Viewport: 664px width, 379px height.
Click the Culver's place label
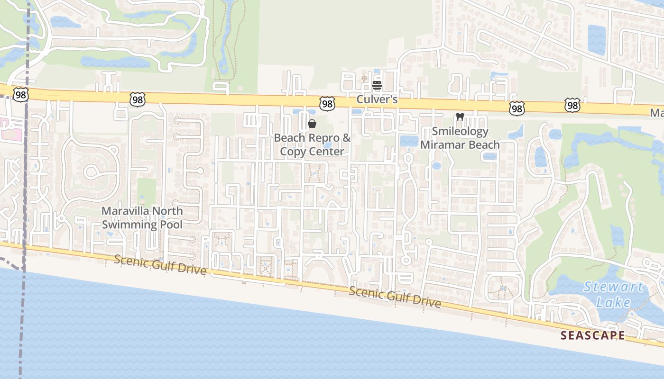[377, 100]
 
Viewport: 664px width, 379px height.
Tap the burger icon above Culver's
[377, 86]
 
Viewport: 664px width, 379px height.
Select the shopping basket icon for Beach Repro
[312, 124]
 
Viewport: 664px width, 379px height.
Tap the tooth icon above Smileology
[460, 117]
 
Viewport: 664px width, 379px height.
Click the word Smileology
[460, 131]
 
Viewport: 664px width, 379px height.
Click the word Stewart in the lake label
[613, 287]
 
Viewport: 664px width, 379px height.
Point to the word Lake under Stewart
[613, 302]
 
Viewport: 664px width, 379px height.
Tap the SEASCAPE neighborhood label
[592, 335]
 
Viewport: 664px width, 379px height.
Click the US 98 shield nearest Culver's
[327, 103]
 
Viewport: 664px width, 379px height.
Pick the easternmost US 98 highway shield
[572, 105]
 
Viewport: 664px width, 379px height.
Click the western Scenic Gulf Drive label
[160, 265]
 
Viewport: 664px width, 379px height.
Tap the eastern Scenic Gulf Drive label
[395, 297]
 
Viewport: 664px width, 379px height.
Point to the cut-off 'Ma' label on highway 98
[656, 113]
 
